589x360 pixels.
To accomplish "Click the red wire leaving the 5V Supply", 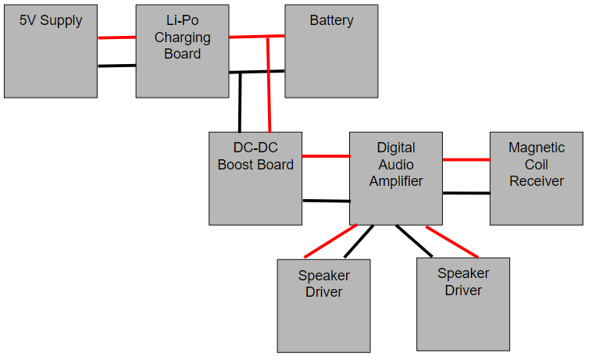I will pyautogui.click(x=116, y=37).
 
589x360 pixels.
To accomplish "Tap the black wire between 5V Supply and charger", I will pyautogui.click(x=116, y=66).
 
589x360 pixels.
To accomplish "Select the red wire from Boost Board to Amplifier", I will pyautogui.click(x=325, y=156).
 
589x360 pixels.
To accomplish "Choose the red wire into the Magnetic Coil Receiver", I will pyautogui.click(x=466, y=160).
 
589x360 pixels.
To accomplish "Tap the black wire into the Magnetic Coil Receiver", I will pyautogui.click(x=466, y=193).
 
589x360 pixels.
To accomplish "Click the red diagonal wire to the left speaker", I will pyautogui.click(x=330, y=241).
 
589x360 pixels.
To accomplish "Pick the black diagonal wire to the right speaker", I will pyautogui.click(x=413, y=241).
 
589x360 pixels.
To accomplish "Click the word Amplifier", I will pyautogui.click(x=396, y=181).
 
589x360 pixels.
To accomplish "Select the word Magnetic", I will pyautogui.click(x=536, y=147).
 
